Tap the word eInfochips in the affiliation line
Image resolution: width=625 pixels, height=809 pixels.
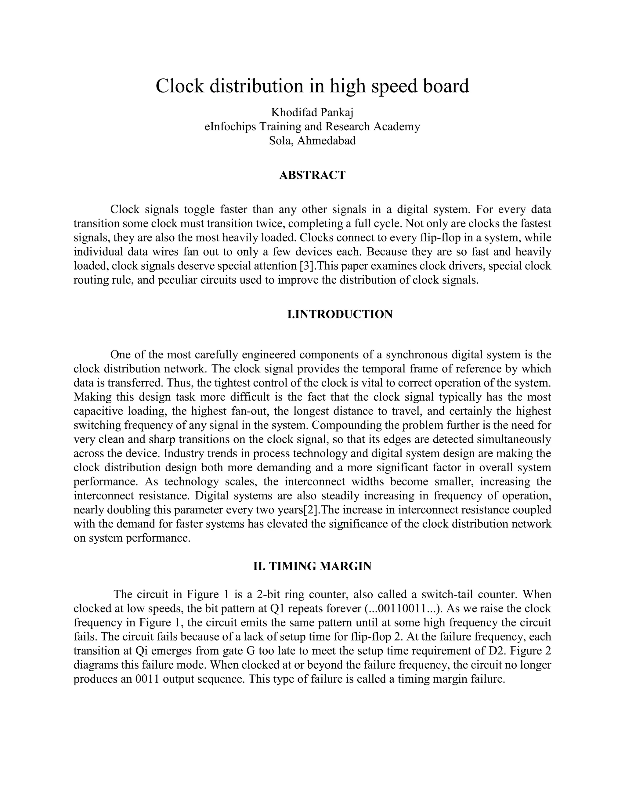pyautogui.click(x=230, y=126)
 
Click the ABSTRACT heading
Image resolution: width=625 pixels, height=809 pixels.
pyautogui.click(x=312, y=175)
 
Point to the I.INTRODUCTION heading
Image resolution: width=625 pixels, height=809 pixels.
pyautogui.click(x=340, y=314)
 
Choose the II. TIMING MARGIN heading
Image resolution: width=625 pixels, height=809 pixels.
pyautogui.click(x=312, y=566)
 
